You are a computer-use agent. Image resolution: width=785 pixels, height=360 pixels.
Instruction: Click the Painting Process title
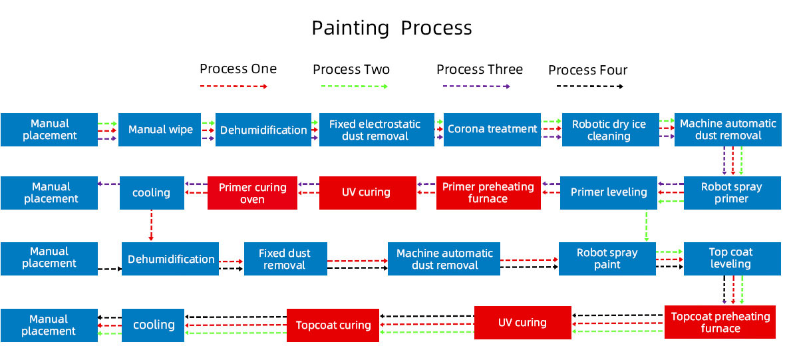click(x=391, y=28)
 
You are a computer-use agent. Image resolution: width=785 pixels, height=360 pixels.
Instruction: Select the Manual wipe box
click(x=160, y=130)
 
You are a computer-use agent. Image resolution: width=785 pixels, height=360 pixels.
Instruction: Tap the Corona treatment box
click(x=492, y=130)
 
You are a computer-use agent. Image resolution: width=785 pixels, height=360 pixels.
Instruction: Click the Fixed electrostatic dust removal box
click(x=377, y=130)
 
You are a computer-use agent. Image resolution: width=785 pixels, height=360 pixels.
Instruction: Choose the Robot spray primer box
click(x=732, y=193)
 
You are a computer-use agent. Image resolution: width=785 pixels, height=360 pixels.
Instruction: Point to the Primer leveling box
click(x=608, y=193)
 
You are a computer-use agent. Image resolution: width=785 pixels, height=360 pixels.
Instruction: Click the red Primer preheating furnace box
click(x=488, y=193)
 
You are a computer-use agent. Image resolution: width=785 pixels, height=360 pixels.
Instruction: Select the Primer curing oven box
click(x=252, y=193)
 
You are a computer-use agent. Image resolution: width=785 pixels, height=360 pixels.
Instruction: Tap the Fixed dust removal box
click(x=285, y=259)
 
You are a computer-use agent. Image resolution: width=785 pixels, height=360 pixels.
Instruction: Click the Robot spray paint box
click(x=607, y=259)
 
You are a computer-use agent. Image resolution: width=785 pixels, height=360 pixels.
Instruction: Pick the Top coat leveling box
click(x=732, y=259)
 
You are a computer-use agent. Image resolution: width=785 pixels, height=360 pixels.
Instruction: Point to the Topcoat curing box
click(x=333, y=325)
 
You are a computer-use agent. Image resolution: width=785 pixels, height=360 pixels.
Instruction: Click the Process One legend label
click(x=237, y=69)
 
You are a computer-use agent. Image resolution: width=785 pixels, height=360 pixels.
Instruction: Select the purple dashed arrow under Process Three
click(x=476, y=86)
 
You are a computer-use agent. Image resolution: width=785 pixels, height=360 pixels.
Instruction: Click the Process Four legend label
click(x=587, y=70)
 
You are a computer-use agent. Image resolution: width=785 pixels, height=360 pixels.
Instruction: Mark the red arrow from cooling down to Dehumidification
click(x=151, y=226)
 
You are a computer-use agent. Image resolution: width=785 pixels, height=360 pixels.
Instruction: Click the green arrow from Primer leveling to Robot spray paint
click(x=647, y=226)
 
